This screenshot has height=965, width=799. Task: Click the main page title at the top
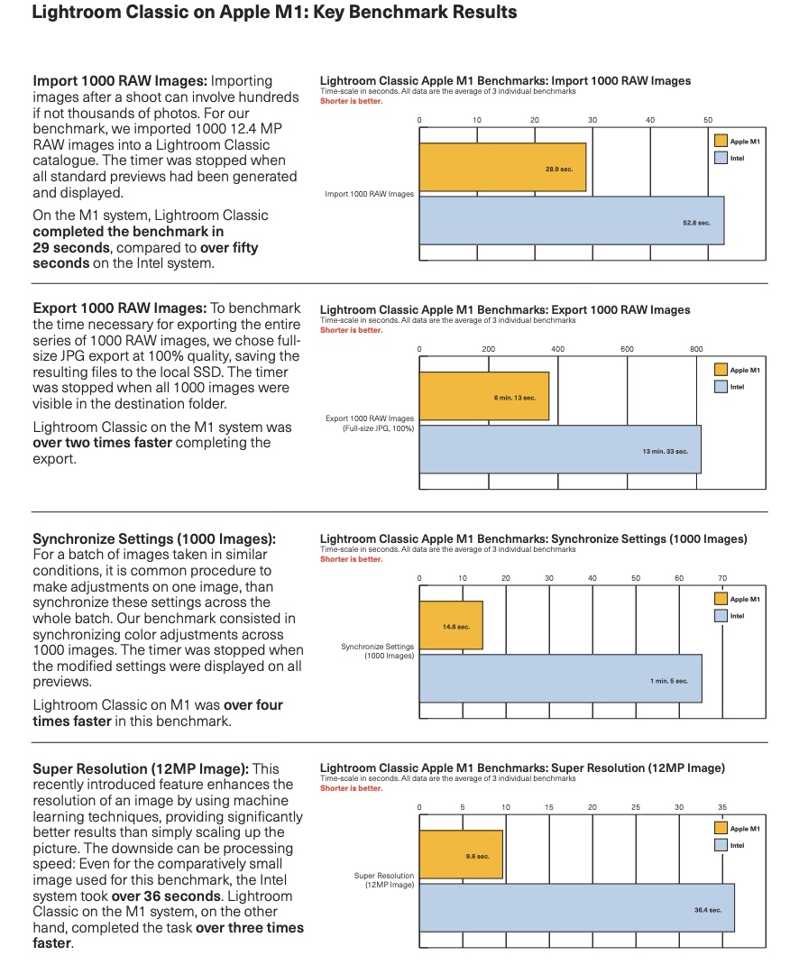pyautogui.click(x=274, y=13)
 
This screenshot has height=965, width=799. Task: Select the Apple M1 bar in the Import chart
pyautogui.click(x=502, y=168)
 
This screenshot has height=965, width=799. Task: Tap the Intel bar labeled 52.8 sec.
pyautogui.click(x=571, y=221)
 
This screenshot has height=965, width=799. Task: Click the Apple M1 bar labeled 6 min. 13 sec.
pyautogui.click(x=484, y=396)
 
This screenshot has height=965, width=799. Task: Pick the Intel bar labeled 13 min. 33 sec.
pyautogui.click(x=560, y=449)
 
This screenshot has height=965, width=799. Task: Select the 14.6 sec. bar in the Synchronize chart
pyautogui.click(x=451, y=625)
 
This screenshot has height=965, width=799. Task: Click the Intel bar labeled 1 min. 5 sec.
pyautogui.click(x=561, y=678)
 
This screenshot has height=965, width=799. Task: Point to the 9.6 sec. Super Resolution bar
pyautogui.click(x=461, y=855)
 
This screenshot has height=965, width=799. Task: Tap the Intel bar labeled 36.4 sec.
pyautogui.click(x=577, y=908)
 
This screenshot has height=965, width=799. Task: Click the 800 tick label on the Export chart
pyautogui.click(x=696, y=349)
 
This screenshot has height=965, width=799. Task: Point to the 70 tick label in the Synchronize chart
pyautogui.click(x=722, y=578)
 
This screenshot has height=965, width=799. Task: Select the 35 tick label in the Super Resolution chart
pyautogui.click(x=722, y=807)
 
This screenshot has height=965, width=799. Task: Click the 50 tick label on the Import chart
pyautogui.click(x=708, y=120)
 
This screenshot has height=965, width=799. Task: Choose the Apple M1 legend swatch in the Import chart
pyautogui.click(x=721, y=141)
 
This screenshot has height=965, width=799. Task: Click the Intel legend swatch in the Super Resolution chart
pyautogui.click(x=721, y=845)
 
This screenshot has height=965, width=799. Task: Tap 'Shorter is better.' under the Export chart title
pyautogui.click(x=351, y=330)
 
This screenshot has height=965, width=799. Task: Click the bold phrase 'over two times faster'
pyautogui.click(x=102, y=443)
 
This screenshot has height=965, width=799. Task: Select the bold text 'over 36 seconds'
pyautogui.click(x=166, y=896)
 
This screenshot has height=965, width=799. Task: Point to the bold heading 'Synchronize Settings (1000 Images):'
pyautogui.click(x=154, y=539)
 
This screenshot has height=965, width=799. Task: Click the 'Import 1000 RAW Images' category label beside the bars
pyautogui.click(x=370, y=194)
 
